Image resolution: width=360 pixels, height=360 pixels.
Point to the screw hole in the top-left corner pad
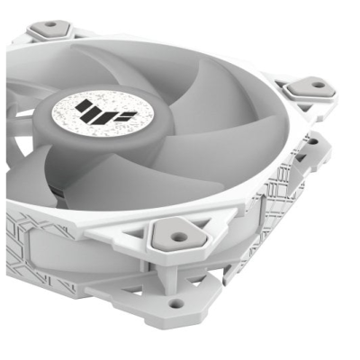click(x=50, y=25)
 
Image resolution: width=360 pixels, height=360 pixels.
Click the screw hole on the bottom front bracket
click(x=176, y=303)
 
